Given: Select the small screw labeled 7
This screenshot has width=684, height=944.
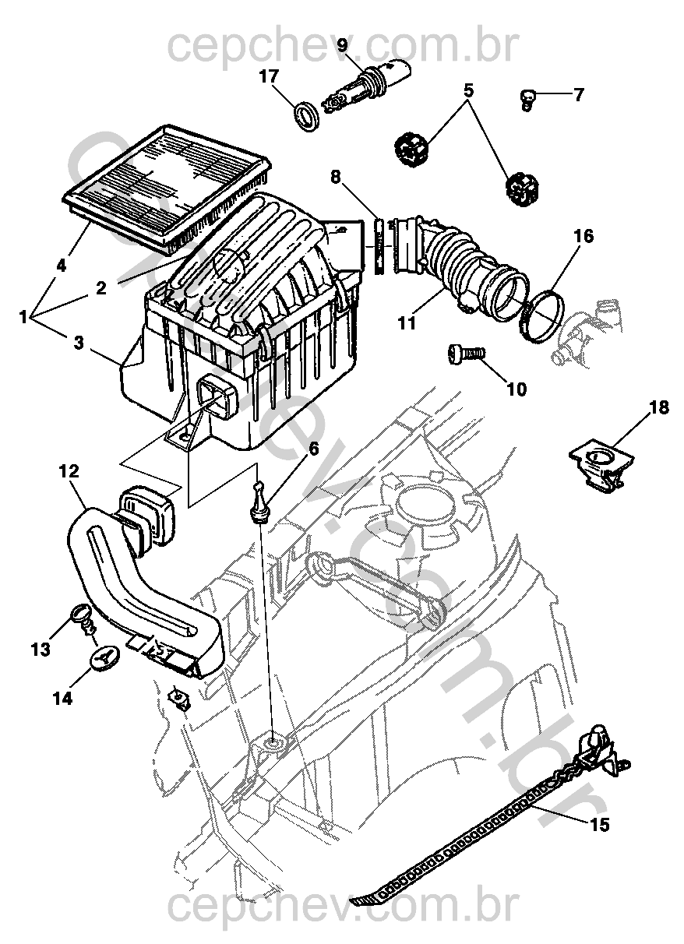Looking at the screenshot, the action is click(527, 99).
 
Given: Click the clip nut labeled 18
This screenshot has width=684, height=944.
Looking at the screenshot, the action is click(602, 468).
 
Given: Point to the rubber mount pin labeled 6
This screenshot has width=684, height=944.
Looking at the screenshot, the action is click(258, 502).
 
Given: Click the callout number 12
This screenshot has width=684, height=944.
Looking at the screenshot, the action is click(69, 471).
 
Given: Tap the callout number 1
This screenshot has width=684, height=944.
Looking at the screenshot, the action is click(23, 316).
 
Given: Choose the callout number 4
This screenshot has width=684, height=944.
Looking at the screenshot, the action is click(61, 266).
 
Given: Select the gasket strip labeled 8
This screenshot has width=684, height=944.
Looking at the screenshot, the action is click(379, 245).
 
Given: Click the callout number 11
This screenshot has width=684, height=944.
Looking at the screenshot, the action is click(406, 323).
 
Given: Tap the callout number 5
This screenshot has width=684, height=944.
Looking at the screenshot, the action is click(470, 90).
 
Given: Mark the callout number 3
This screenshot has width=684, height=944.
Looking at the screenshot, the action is click(79, 343).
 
